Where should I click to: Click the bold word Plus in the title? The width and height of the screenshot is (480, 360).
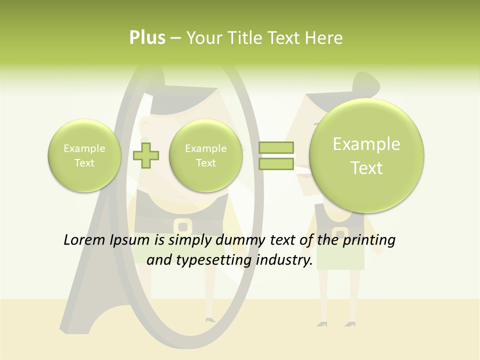point(147,38)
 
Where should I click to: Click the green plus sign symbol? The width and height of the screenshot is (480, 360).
point(146,155)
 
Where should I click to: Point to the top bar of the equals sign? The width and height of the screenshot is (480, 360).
point(275,147)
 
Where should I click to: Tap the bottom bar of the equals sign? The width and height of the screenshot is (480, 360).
point(275,164)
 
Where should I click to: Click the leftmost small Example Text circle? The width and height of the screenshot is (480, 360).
point(84,155)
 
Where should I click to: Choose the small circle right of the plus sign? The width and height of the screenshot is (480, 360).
point(205,155)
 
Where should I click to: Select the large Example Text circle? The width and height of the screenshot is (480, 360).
point(366,155)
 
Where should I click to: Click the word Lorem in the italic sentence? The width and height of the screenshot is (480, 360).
point(84,240)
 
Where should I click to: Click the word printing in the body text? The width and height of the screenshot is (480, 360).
point(369,240)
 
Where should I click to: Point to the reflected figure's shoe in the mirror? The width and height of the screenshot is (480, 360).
point(210,318)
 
